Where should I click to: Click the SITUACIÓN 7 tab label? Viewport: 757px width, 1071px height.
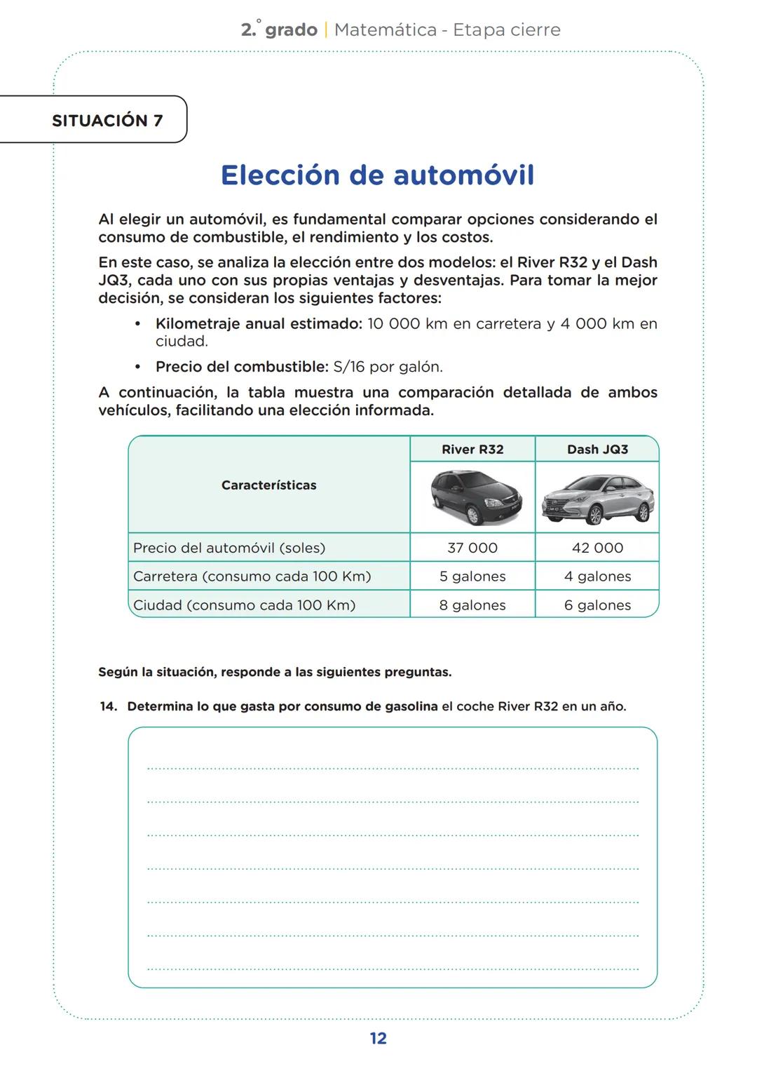[107, 121]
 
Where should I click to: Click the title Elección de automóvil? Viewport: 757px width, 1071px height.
[377, 175]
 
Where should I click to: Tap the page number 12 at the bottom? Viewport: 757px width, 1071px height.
[378, 1038]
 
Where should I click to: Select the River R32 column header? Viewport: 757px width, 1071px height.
[472, 450]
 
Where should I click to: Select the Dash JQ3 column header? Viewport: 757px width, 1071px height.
[597, 450]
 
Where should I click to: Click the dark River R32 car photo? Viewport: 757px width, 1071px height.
[475, 497]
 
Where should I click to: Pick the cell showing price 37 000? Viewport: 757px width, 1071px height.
[472, 548]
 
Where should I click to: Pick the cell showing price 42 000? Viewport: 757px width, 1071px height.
[597, 548]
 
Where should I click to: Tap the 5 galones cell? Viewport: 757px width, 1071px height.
[472, 577]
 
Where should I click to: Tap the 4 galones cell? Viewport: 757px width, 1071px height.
[597, 577]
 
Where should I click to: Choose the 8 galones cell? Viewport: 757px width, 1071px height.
[472, 605]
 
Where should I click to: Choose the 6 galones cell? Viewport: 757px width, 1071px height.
[597, 605]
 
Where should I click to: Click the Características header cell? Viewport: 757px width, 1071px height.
[268, 485]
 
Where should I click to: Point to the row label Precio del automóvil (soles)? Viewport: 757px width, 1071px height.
[229, 548]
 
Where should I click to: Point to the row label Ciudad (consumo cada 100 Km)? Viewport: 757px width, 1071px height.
[244, 605]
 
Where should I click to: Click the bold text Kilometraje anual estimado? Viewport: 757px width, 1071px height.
[259, 324]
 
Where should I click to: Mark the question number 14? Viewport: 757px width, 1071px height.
[108, 706]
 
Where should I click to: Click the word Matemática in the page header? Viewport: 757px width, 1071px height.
[386, 30]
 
